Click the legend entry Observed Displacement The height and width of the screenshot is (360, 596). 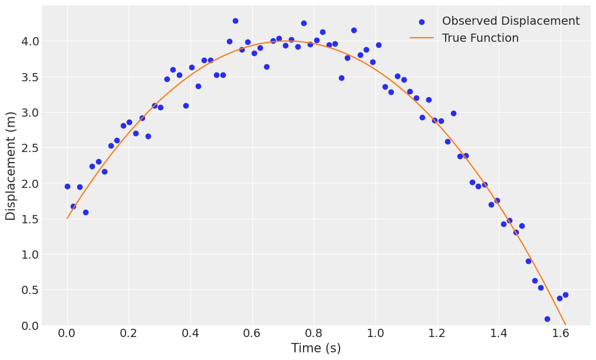511,21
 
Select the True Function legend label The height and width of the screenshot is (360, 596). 480,38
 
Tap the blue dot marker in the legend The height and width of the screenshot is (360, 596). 422,22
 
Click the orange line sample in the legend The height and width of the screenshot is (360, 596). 422,38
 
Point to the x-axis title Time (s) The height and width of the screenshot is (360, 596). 316,348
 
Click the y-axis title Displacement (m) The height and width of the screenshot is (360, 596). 11,166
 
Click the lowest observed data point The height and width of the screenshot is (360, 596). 547,319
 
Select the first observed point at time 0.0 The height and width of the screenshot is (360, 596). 67,186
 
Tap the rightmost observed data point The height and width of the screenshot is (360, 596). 565,295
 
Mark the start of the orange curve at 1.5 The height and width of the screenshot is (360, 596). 67,219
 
